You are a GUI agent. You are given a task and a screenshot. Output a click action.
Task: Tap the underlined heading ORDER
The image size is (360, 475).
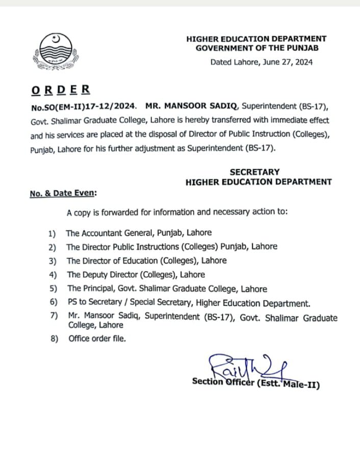click(x=61, y=90)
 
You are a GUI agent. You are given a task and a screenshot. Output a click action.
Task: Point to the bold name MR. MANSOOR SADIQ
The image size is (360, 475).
click(x=192, y=107)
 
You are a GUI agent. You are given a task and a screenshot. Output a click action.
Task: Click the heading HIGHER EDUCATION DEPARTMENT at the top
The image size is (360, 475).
click(x=256, y=38)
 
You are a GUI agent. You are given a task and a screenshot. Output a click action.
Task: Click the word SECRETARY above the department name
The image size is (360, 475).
click(x=254, y=172)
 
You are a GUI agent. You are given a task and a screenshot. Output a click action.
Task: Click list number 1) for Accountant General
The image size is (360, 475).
click(x=52, y=233)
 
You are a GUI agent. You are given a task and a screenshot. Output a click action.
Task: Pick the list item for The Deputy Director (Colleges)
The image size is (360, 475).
click(x=136, y=274)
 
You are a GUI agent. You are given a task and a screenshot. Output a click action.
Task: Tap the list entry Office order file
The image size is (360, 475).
click(x=97, y=338)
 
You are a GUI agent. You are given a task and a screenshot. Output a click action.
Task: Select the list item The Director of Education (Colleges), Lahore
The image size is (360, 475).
click(x=146, y=260)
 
